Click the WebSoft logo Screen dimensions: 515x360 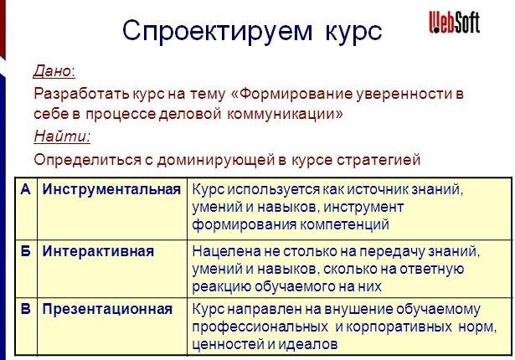(x=455, y=22)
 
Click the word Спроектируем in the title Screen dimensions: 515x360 (x=218, y=32)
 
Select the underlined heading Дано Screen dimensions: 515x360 (x=54, y=70)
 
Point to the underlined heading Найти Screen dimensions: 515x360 (x=62, y=136)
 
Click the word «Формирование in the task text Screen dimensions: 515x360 (x=292, y=95)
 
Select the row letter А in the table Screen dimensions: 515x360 (x=26, y=189)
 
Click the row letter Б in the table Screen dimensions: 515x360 (x=26, y=251)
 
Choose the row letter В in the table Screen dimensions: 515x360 (x=26, y=309)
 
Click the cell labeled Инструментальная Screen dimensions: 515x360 (x=111, y=190)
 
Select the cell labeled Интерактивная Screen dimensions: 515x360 (x=98, y=252)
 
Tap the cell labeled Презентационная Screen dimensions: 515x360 (x=107, y=310)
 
